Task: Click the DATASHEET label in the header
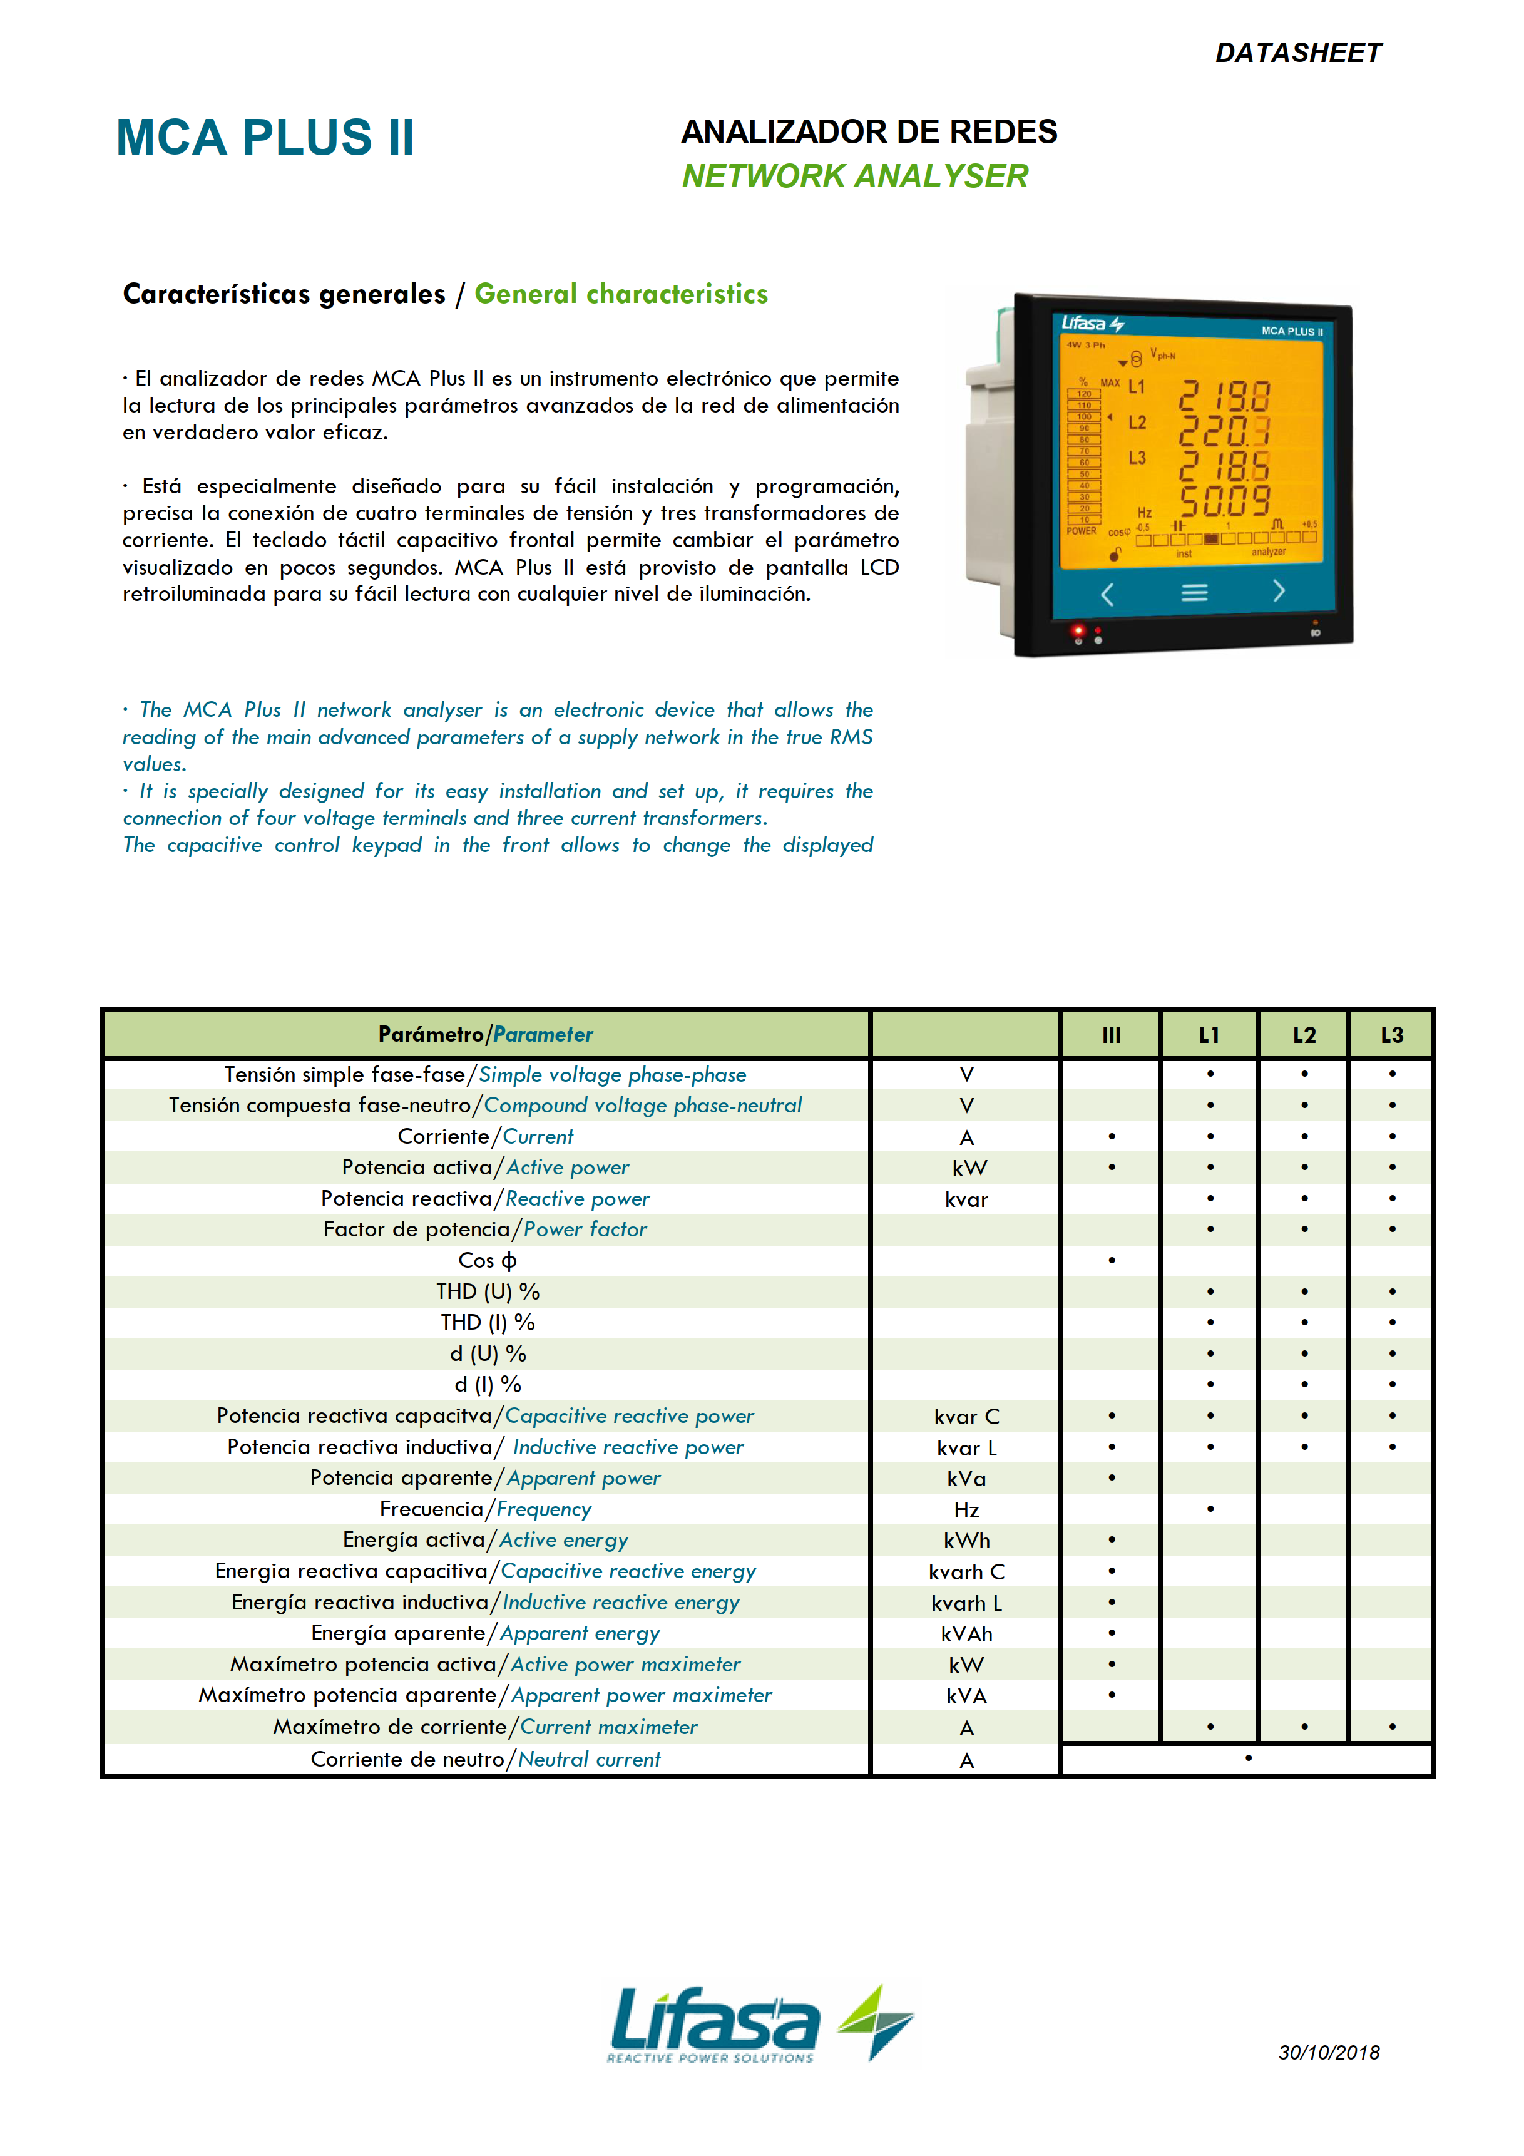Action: point(1297,53)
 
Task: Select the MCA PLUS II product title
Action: point(265,137)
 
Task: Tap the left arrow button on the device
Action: point(1107,593)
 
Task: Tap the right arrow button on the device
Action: point(1278,591)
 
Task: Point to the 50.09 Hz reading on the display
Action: point(1224,501)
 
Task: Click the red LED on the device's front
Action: point(1078,629)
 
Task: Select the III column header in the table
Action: point(1111,1035)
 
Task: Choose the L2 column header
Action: point(1303,1035)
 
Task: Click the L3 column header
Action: point(1391,1035)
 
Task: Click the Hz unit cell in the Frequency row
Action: point(966,1509)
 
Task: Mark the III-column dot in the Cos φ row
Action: point(1112,1260)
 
